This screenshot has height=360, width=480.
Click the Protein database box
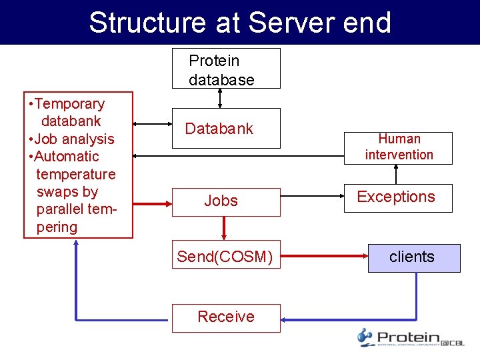[226, 69]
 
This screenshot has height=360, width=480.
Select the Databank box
[226, 128]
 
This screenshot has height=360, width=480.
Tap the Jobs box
[226, 201]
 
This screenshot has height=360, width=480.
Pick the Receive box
[226, 317]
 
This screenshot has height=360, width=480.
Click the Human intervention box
[399, 147]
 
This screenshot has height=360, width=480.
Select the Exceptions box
[397, 197]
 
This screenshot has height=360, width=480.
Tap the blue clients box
[413, 258]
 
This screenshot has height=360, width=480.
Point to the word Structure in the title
[147, 23]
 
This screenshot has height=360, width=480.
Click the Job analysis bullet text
[75, 139]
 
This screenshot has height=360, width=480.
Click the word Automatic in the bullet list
[67, 157]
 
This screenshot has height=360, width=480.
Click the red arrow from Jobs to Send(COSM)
[224, 228]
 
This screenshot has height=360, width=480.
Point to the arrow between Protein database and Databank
[221, 98]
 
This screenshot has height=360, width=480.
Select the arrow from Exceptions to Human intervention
[397, 174]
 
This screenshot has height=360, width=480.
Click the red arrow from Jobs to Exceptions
[311, 197]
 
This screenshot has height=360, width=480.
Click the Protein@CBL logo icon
[365, 337]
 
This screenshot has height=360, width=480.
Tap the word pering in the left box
[57, 227]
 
